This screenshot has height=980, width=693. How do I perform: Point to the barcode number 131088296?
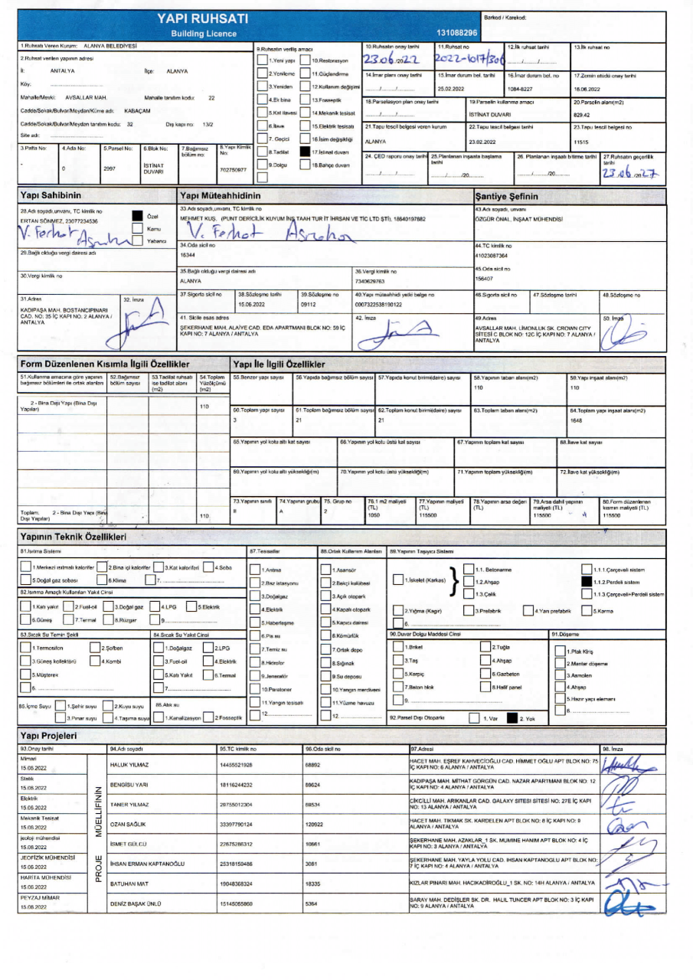(457, 33)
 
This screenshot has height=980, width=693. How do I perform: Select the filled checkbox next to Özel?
(137, 216)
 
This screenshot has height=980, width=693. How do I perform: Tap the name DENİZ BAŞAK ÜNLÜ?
(136, 904)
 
